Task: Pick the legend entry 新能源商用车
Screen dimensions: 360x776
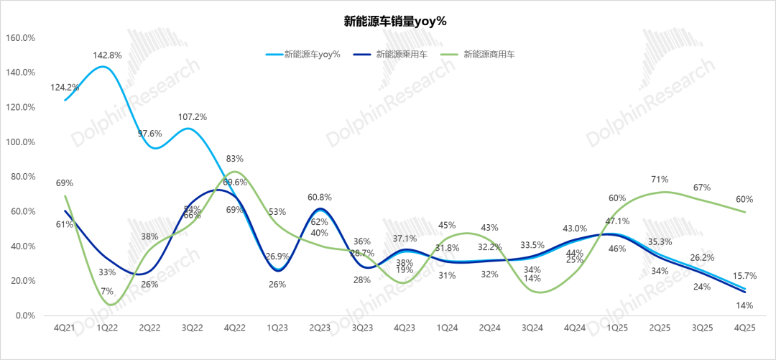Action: (489, 54)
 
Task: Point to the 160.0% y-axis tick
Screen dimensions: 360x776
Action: (21, 37)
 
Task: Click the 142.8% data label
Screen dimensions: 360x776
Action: (107, 55)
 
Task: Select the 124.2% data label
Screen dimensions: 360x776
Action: (65, 88)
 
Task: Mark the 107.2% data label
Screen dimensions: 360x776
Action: (192, 116)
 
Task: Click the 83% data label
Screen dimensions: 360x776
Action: (235, 159)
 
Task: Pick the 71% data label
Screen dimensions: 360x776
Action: (660, 179)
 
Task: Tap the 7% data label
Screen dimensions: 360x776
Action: (107, 291)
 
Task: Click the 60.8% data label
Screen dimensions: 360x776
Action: (320, 198)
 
